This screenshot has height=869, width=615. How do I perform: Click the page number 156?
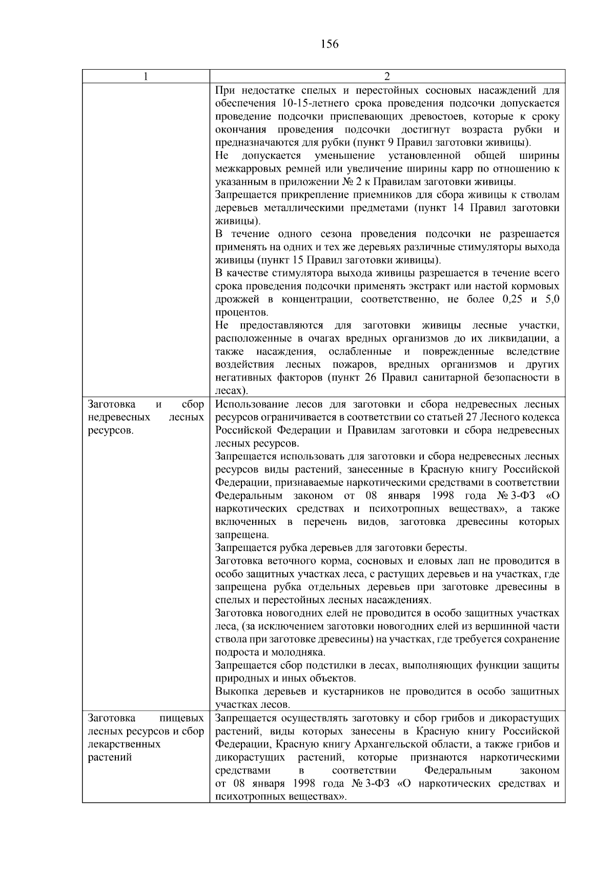coord(330,44)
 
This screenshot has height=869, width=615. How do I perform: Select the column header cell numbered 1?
coord(146,76)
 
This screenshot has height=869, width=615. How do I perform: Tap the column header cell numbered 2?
coord(387,76)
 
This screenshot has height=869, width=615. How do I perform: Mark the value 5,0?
coord(550,299)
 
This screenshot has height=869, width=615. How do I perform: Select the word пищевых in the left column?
coord(182,718)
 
